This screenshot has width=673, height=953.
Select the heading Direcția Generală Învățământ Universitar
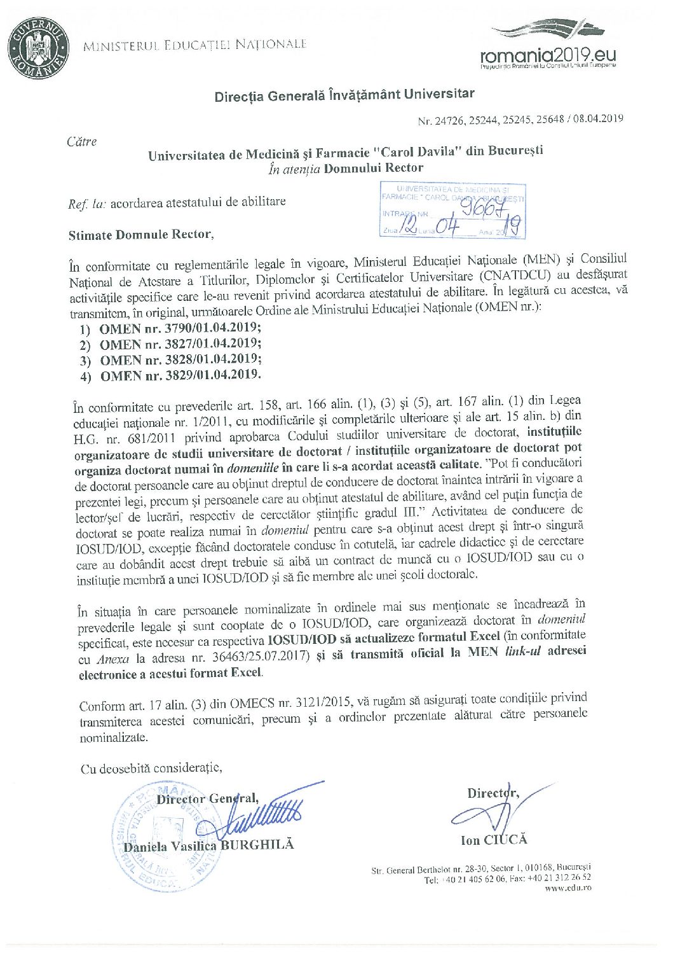click(x=344, y=95)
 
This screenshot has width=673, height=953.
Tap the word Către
click(x=82, y=141)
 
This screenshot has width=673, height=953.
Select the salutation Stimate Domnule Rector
click(x=141, y=234)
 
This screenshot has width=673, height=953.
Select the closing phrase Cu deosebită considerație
click(x=151, y=768)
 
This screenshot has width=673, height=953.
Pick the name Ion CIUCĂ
click(x=494, y=840)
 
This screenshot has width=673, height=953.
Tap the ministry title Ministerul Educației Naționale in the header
click(x=195, y=45)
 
